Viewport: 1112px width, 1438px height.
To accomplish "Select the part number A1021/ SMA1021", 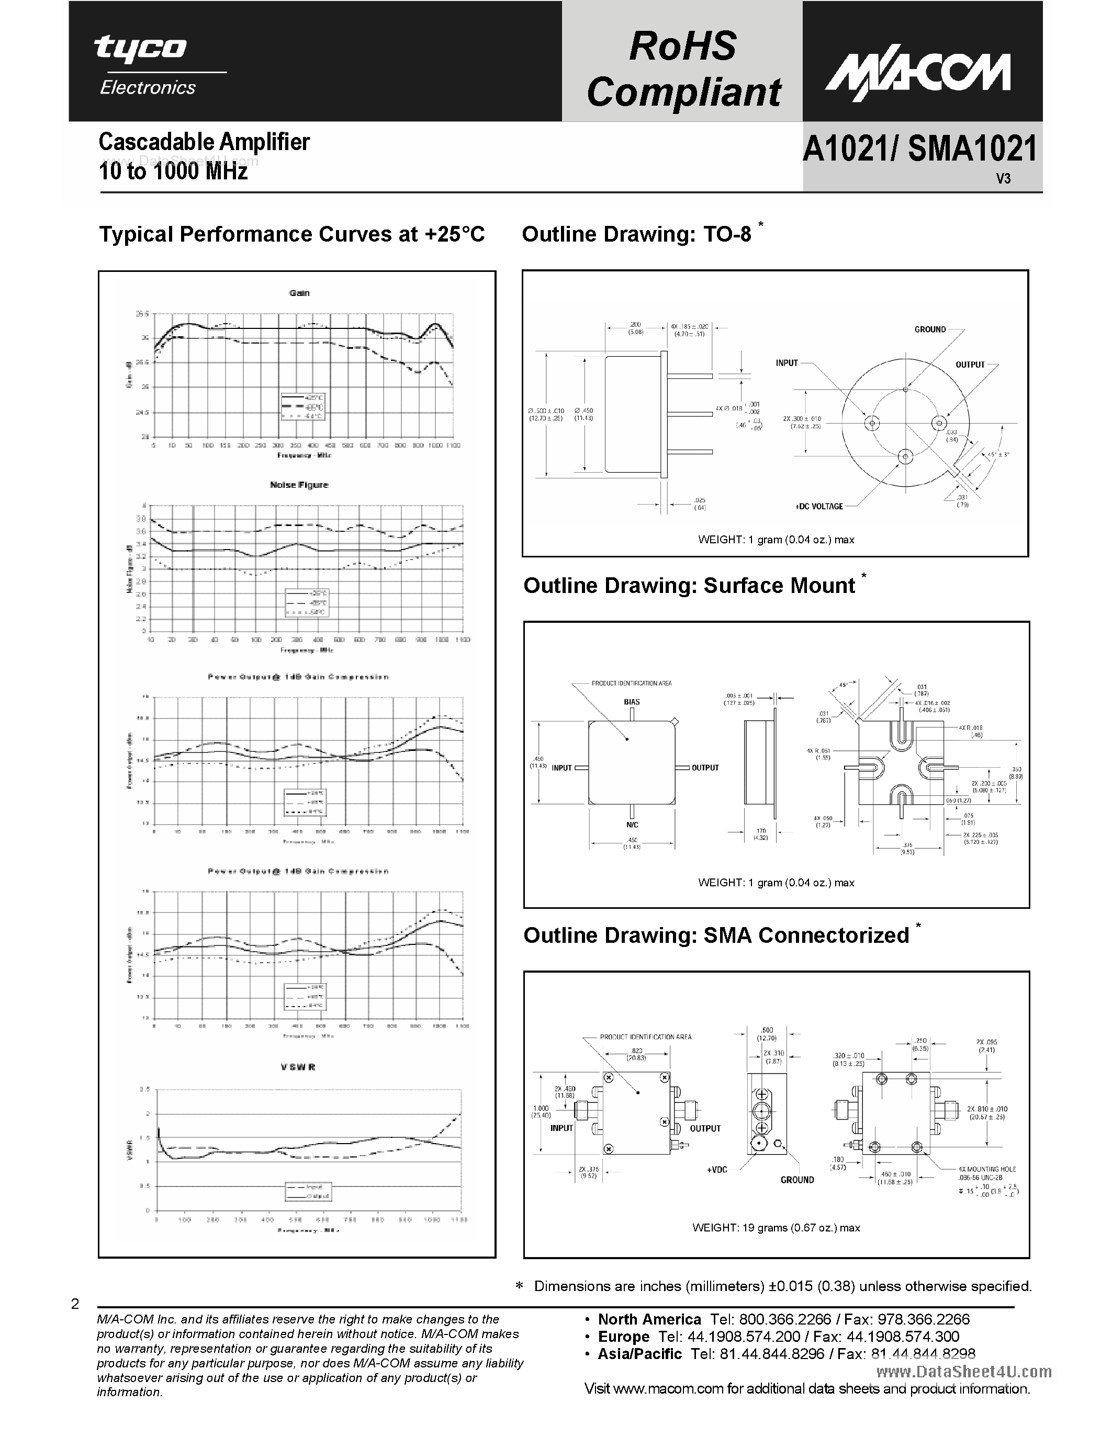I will pyautogui.click(x=919, y=149).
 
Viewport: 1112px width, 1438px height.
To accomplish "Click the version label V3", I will pyautogui.click(x=1003, y=178).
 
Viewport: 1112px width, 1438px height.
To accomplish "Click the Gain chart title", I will pyautogui.click(x=299, y=293).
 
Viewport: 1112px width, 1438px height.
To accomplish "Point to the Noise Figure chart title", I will pyautogui.click(x=299, y=485).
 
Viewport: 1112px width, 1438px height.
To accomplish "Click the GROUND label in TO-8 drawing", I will pyautogui.click(x=929, y=329).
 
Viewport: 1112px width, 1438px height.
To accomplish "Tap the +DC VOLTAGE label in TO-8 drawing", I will pyautogui.click(x=819, y=506).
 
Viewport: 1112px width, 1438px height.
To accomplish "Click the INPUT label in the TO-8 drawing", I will pyautogui.click(x=787, y=363).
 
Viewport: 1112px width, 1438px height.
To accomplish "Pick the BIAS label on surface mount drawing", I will pyautogui.click(x=632, y=702).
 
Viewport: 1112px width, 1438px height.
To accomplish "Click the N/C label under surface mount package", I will pyautogui.click(x=632, y=824).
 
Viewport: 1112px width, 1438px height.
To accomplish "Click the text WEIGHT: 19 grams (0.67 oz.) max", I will pyautogui.click(x=776, y=1227).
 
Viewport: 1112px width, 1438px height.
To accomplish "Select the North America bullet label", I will pyautogui.click(x=649, y=1319).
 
